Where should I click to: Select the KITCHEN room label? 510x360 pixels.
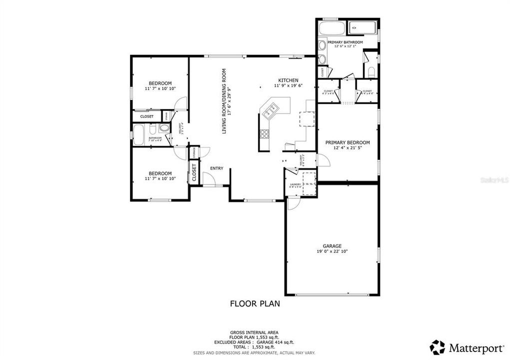(288, 80)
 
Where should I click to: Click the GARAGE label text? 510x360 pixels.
(332, 246)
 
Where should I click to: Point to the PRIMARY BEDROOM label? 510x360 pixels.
(347, 142)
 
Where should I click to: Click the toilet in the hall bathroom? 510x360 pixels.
(166, 128)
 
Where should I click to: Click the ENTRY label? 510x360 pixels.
(216, 168)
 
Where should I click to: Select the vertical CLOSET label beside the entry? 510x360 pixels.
(194, 172)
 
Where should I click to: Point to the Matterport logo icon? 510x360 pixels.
(437, 346)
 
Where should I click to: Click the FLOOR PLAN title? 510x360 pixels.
(254, 303)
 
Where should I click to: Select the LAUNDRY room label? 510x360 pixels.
(294, 184)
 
